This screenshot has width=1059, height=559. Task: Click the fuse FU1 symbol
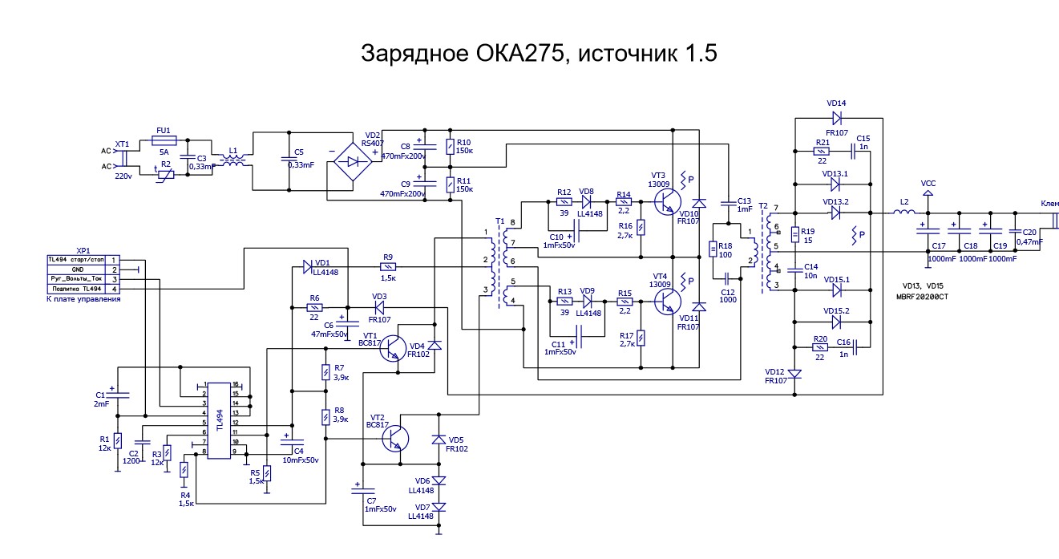point(164,140)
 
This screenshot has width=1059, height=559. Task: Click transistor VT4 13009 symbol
point(666,302)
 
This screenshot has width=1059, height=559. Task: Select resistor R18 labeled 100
point(713,249)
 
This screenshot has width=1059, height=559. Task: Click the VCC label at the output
point(928,183)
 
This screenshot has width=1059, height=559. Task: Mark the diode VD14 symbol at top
point(836,119)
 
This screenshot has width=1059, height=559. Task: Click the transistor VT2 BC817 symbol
point(394,437)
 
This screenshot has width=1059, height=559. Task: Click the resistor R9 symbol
point(388,267)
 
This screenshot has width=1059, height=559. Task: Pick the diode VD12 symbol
point(795,374)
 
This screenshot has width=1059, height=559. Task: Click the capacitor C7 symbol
point(363,489)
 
